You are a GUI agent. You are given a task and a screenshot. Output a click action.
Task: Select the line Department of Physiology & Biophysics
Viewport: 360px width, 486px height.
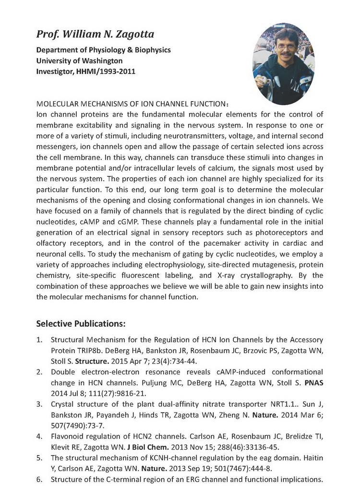point(103,50)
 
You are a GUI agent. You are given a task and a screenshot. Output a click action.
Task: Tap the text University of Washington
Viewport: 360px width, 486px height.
point(79,61)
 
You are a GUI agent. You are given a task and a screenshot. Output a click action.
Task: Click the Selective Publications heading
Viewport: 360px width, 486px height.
point(81,323)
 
